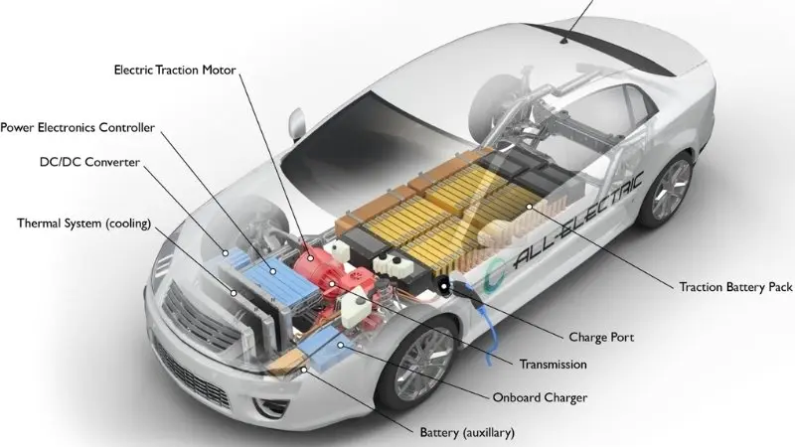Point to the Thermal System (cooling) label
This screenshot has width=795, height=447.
tap(83, 223)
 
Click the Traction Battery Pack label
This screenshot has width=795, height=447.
tap(736, 287)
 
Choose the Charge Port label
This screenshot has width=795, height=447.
tap(600, 337)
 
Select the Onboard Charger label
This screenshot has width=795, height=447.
tap(541, 398)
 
